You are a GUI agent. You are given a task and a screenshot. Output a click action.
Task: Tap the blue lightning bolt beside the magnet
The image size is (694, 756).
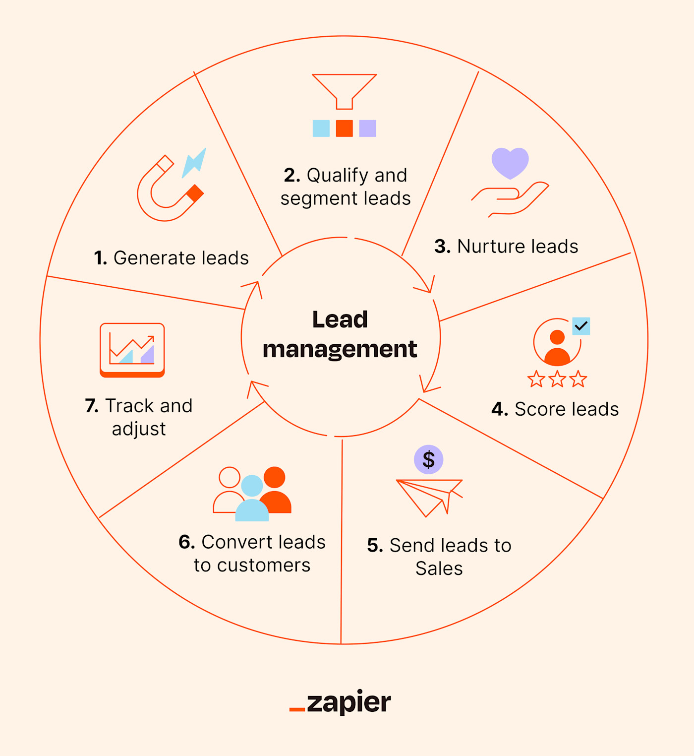pos(194,162)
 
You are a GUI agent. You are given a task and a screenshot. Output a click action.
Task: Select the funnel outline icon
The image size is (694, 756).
pos(345,90)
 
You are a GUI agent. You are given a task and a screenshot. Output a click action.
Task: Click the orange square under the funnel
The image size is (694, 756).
pos(345,128)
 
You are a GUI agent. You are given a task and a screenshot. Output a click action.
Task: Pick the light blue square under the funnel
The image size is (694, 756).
pos(321,128)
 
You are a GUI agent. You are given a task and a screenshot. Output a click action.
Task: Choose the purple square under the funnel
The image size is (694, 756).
pos(367,128)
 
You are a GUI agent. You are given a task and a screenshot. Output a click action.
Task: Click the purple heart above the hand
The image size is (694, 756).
pos(510,162)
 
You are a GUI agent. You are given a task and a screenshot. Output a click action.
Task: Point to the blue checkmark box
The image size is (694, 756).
pos(581,326)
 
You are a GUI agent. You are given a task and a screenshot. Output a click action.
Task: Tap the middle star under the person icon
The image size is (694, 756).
pos(557,379)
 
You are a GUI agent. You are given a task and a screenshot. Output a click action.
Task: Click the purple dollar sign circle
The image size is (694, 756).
pos(428,459)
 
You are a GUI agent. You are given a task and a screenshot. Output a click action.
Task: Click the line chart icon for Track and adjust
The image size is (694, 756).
pos(132,349)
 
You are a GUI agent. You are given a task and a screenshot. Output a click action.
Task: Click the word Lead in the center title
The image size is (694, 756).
pos(340,319)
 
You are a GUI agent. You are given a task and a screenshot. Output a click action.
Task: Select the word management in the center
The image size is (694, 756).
pos(340,349)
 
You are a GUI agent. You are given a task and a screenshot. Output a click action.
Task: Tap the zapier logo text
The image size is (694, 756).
pos(348,702)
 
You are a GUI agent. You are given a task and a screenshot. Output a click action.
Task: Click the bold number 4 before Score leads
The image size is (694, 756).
pos(499,409)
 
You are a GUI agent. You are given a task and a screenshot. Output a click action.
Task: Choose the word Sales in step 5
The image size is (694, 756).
pos(439,568)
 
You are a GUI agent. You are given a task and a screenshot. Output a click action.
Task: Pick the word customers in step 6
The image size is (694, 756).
pos(263,566)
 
